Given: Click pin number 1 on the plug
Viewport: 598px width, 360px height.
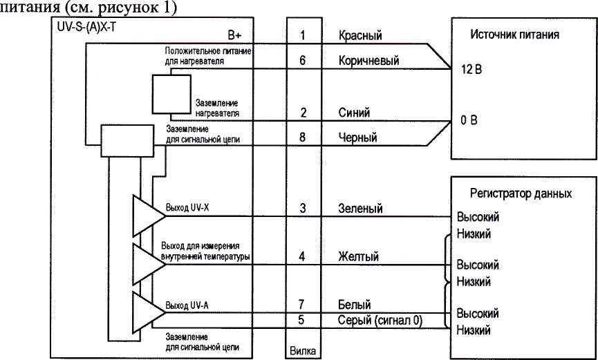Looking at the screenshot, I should tap(303, 35).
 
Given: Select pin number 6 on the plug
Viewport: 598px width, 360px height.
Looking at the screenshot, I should tap(303, 61).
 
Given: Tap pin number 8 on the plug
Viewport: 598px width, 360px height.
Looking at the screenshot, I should tap(303, 138).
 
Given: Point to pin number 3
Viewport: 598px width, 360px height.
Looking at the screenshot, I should tap(303, 208).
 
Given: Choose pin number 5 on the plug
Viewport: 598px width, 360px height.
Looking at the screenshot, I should tap(303, 320).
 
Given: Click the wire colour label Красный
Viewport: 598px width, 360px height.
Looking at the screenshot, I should tap(360, 35).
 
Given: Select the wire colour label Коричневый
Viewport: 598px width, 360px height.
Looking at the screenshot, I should tap(369, 61).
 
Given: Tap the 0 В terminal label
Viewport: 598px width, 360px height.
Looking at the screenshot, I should tap(460, 122).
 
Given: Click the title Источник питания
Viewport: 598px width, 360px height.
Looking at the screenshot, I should tap(514, 34).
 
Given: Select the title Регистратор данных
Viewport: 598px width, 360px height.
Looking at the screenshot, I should tap(521, 193).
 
